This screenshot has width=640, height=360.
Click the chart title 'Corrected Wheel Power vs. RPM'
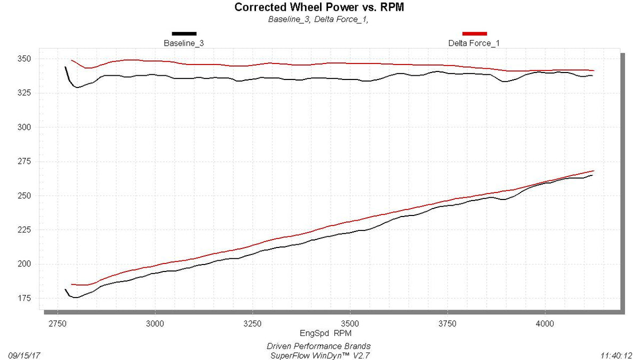(319, 7)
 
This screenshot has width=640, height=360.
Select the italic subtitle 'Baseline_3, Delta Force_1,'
(318, 19)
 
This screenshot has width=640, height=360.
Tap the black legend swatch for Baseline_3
(184, 34)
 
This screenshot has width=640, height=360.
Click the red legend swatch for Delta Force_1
(475, 34)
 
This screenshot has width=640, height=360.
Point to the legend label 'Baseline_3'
(183, 43)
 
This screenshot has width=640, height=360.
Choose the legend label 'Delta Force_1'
(474, 43)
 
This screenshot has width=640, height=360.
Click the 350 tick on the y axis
(24, 59)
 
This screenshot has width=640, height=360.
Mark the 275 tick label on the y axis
(24, 162)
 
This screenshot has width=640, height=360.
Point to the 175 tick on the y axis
(24, 298)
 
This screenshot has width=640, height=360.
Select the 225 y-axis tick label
(24, 230)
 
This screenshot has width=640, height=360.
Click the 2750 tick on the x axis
(58, 324)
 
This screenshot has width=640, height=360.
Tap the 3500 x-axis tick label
(350, 324)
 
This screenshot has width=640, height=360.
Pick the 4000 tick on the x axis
(545, 324)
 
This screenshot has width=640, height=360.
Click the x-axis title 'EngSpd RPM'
(325, 333)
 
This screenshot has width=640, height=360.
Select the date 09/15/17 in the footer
(24, 356)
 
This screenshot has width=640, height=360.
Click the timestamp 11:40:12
(616, 356)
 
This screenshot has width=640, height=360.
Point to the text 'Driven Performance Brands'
(318, 346)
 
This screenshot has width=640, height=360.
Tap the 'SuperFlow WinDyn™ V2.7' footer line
(319, 356)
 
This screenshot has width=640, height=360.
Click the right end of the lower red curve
(594, 171)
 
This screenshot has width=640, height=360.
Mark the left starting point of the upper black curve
(66, 67)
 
